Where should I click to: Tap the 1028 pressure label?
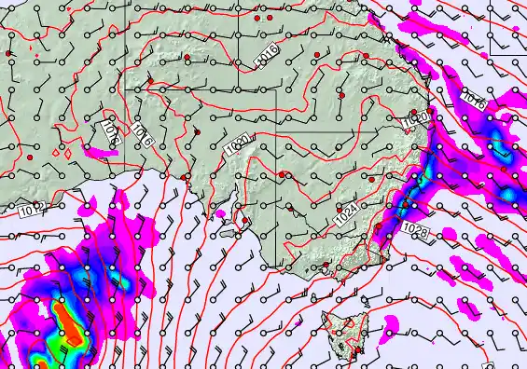(x=415, y=228)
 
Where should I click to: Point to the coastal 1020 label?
(x=417, y=118)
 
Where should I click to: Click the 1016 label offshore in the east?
(x=474, y=100)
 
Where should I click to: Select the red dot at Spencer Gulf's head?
(x=186, y=176)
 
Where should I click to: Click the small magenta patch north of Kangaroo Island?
(x=221, y=213)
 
